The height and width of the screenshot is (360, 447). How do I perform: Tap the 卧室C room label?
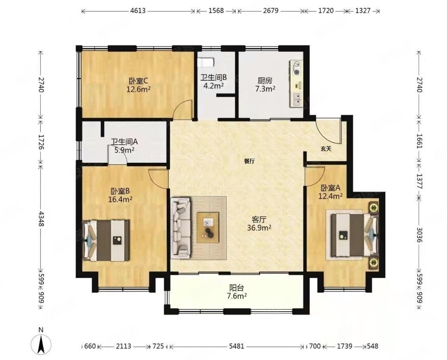[139, 81]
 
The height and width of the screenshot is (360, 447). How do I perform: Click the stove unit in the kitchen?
[296, 68]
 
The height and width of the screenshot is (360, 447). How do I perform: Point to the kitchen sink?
[296, 99]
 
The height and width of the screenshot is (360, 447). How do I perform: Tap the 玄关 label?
[326, 148]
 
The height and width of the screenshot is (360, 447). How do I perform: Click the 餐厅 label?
[250, 161]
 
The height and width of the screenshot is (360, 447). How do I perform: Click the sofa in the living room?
[180, 228]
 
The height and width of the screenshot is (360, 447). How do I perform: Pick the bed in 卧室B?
[106, 240]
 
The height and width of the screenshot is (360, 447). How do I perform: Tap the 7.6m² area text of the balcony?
[237, 296]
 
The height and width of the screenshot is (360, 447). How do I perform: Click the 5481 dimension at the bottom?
[237, 346]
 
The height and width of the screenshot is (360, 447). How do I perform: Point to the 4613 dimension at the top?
[138, 11]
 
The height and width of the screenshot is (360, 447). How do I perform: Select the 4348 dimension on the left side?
[41, 219]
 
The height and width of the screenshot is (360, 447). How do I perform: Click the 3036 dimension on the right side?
[419, 234]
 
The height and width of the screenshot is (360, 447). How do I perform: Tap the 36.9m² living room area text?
[259, 228]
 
